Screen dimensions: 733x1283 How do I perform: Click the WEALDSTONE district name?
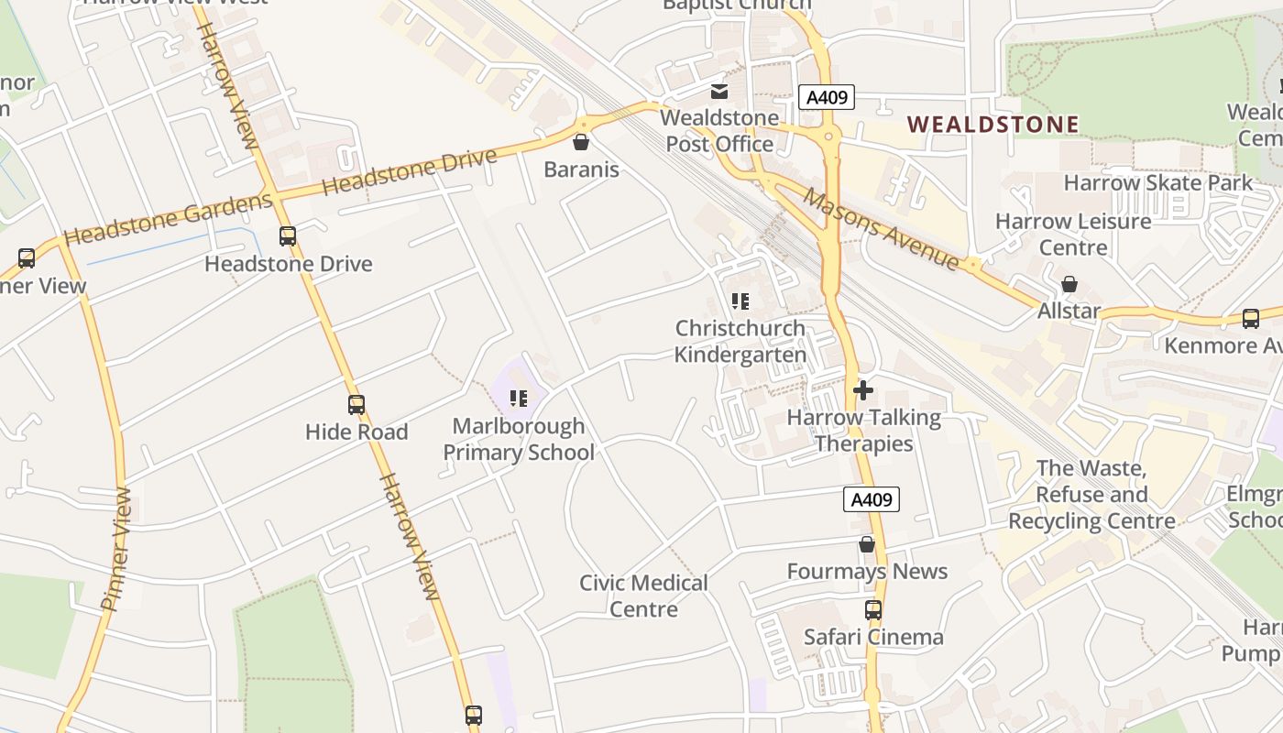pos(992,124)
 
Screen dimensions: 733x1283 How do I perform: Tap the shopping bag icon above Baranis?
pos(580,142)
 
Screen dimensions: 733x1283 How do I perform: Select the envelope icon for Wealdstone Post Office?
pos(719,91)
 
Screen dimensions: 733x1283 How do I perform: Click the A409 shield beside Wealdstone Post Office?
pos(826,97)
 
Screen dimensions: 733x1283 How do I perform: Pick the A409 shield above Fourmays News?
pos(871,499)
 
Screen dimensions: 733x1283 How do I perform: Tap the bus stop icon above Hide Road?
pos(356,404)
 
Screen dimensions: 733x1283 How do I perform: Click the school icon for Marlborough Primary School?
pos(519,398)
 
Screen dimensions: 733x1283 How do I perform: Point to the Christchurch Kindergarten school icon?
pos(740,301)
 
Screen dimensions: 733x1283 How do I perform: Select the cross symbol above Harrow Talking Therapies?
pos(862,390)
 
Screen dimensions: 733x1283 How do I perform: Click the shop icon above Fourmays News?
pos(867,544)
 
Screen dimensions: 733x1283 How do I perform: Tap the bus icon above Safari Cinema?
pos(873,609)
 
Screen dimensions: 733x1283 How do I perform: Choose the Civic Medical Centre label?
pos(643,596)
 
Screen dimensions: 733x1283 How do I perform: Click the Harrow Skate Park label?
pos(1157,182)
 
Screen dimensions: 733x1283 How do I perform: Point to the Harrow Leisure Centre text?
pos(1073,234)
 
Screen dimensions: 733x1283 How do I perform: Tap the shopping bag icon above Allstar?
pos(1069,284)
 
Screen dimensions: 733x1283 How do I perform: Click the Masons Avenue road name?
pos(881,229)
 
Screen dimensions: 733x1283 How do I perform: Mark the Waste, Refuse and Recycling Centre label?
pos(1091,495)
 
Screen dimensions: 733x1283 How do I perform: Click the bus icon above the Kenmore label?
pos(1250,319)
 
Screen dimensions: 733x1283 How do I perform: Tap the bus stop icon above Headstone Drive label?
pos(288,236)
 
